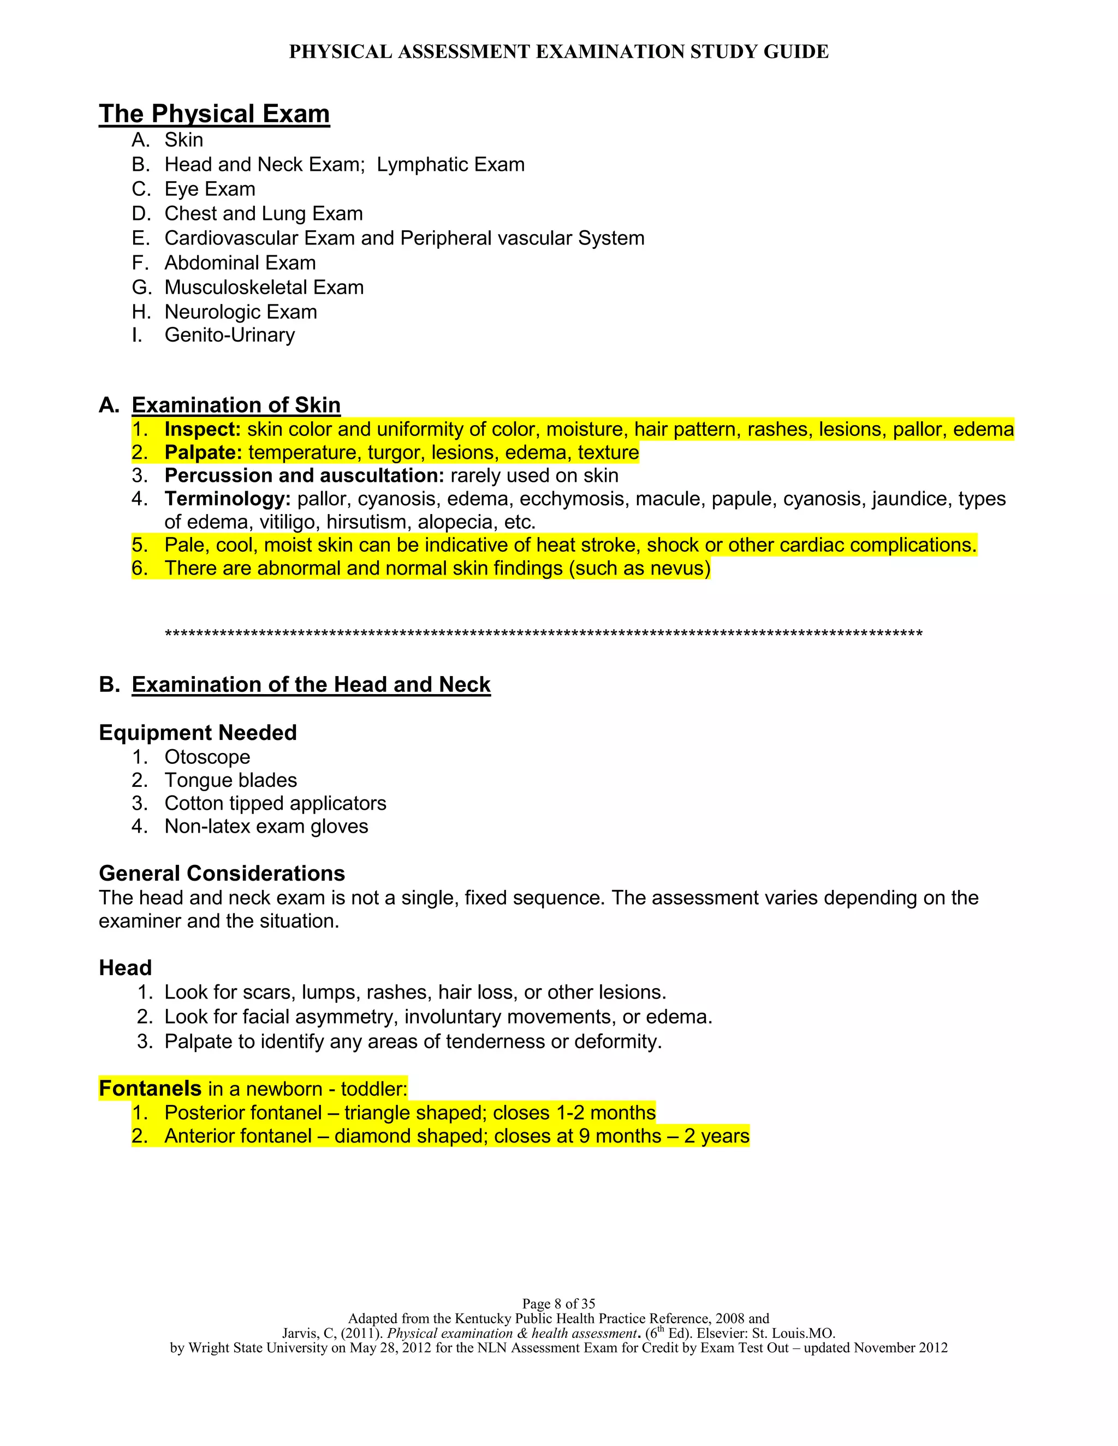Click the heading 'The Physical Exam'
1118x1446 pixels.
coord(214,114)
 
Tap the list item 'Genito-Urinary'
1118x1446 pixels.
coord(229,335)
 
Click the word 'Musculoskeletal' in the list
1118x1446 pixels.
coord(236,288)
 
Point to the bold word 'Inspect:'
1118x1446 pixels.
coord(203,429)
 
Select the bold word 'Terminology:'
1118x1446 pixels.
coord(227,499)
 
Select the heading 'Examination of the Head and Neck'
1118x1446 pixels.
coord(311,685)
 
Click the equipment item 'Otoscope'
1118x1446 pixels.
coord(207,757)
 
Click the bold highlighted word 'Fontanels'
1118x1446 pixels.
coord(150,1089)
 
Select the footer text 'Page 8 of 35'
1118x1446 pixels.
coord(558,1304)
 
